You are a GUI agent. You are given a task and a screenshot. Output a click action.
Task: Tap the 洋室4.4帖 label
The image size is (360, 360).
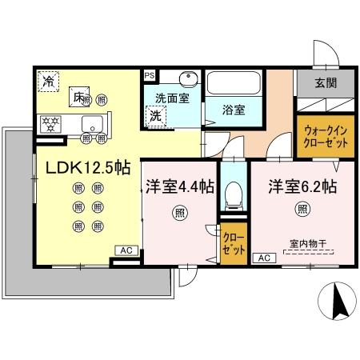(x=179, y=187)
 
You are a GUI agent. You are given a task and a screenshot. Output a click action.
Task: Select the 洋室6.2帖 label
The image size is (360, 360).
(x=302, y=187)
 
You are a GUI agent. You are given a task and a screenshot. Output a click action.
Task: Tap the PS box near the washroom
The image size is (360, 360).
(x=150, y=75)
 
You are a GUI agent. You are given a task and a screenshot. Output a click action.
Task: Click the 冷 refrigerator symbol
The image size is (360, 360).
(x=50, y=80)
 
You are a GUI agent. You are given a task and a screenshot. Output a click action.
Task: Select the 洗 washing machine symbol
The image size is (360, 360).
(x=155, y=115)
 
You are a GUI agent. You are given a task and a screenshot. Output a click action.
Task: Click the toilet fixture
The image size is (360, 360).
(x=234, y=192)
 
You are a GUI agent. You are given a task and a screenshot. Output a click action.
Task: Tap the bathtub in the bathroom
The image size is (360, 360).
(x=235, y=85)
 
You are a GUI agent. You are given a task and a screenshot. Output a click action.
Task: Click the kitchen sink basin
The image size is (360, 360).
(x=92, y=124)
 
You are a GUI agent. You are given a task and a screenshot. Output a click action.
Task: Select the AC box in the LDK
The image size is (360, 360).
(x=126, y=250)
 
